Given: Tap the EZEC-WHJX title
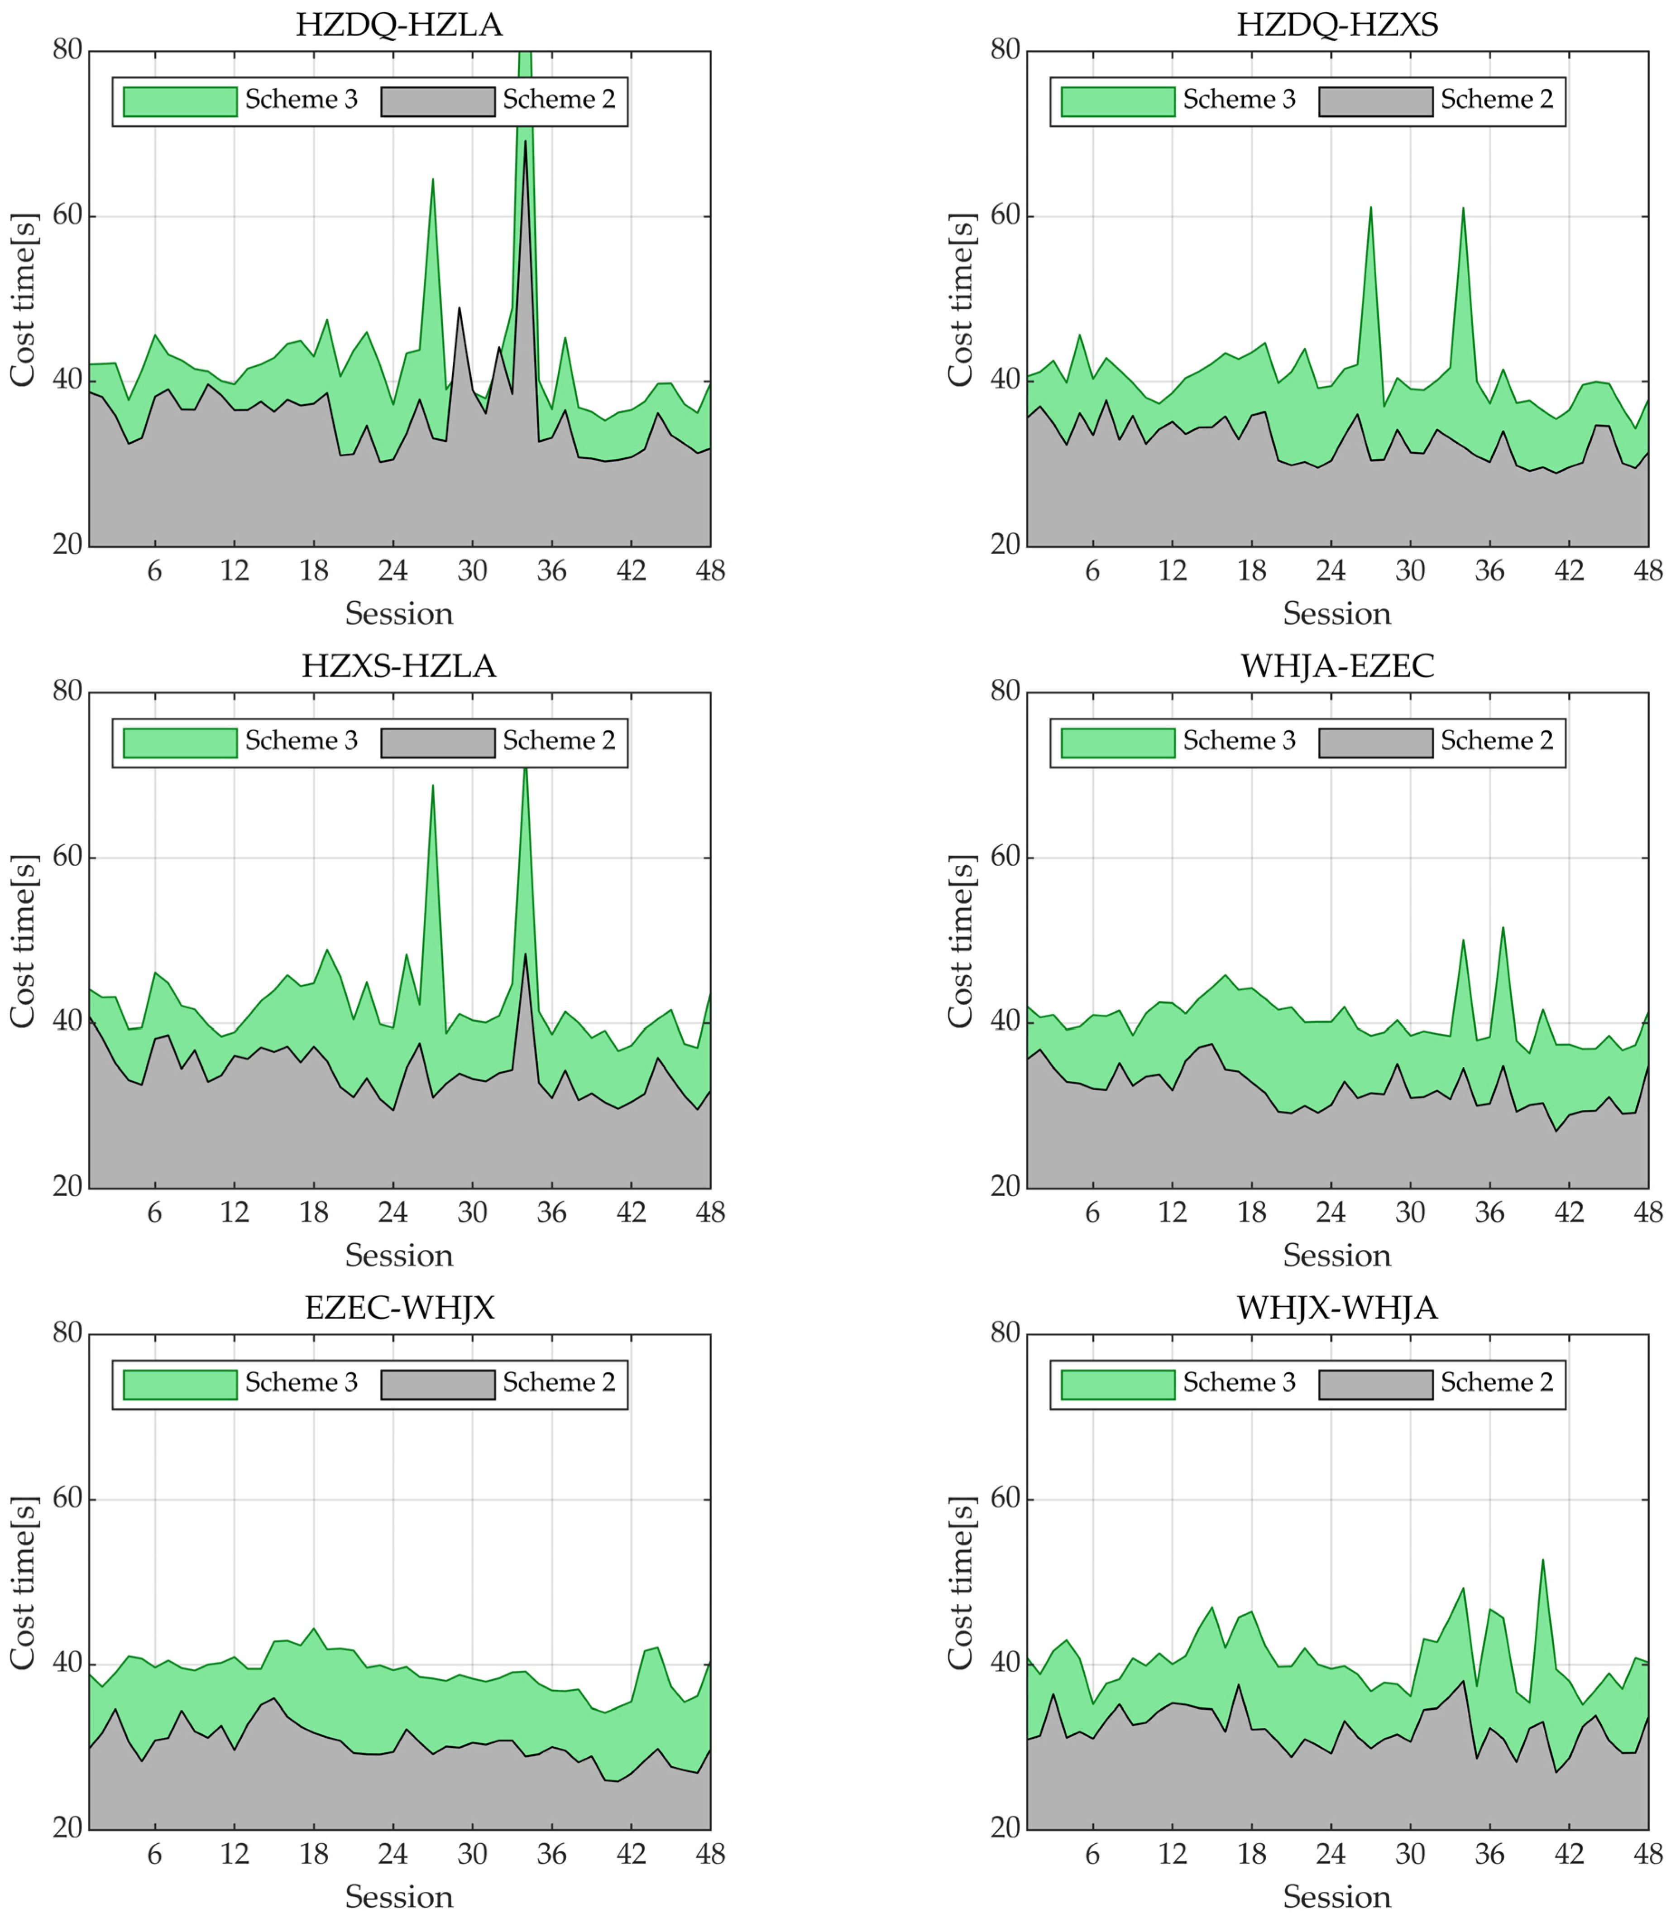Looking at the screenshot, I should [399, 1308].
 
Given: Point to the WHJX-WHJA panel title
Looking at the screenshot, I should [1336, 1308].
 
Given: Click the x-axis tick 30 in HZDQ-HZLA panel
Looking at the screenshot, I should [473, 571].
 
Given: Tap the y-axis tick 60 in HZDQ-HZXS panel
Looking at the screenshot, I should [1005, 216].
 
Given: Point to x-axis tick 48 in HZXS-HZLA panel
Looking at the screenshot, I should [710, 1213].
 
